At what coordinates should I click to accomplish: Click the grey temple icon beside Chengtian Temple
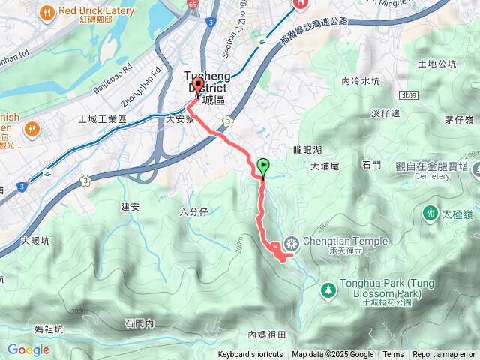click(x=291, y=242)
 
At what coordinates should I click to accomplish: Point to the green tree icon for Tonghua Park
click(x=328, y=289)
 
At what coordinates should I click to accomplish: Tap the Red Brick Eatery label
click(x=96, y=11)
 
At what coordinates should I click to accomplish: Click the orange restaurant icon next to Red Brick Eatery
click(x=46, y=12)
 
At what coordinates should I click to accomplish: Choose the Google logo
click(x=28, y=349)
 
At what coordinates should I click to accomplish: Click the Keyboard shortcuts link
click(x=250, y=355)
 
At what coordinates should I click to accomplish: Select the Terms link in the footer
click(x=393, y=355)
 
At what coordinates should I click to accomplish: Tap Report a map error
click(x=445, y=355)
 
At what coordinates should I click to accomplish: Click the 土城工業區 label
click(x=102, y=119)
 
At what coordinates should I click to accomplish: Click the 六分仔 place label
click(x=193, y=212)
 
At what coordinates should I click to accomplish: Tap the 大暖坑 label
click(x=35, y=241)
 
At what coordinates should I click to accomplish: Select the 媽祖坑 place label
click(x=49, y=328)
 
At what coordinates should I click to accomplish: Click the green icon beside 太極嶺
click(x=430, y=213)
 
